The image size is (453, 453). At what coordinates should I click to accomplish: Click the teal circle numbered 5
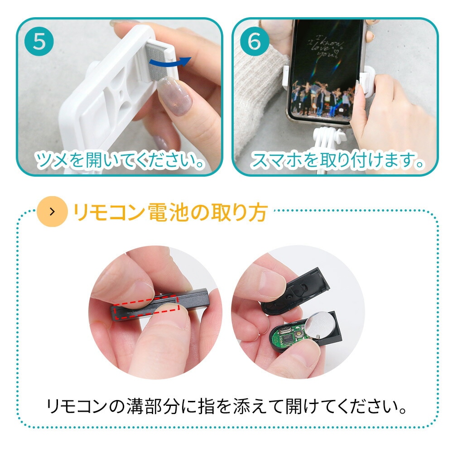coord(39,41)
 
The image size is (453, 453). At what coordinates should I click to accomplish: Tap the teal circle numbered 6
coord(254,41)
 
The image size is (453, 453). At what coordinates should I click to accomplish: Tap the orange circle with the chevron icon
coord(52,212)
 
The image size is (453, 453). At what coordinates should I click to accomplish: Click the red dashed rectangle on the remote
coord(147,307)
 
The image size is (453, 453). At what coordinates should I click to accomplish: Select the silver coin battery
coord(320,325)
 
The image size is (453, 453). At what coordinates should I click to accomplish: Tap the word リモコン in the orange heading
coord(109,212)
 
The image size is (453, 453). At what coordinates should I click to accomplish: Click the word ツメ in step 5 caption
coord(52,160)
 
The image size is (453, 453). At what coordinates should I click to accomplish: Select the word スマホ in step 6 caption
coord(277,160)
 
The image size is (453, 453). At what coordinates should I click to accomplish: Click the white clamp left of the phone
coord(285,76)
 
